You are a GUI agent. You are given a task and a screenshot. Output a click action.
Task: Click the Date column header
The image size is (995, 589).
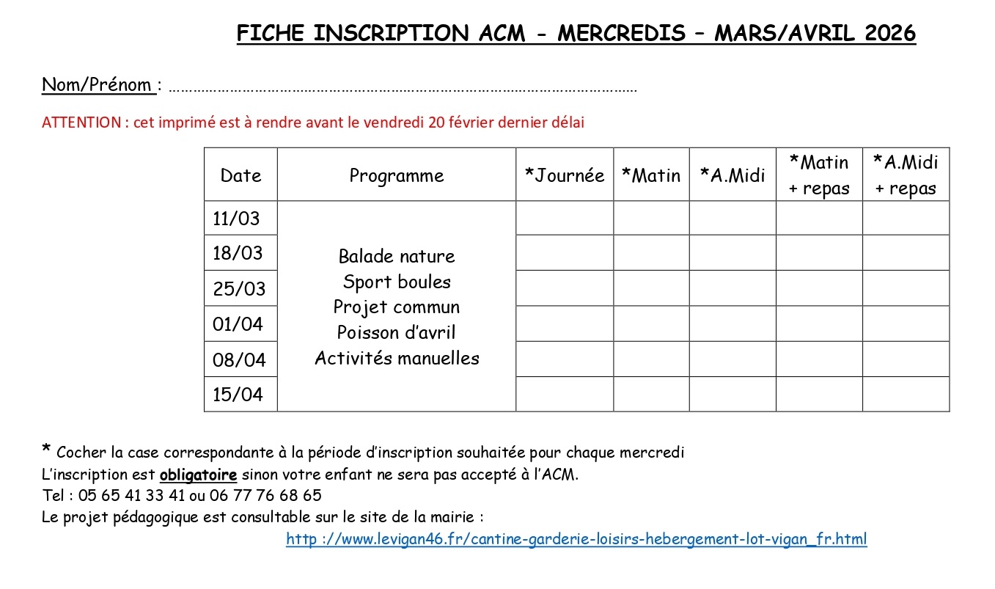point(241,175)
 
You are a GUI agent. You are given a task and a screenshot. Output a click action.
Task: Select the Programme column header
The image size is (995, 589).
point(397,175)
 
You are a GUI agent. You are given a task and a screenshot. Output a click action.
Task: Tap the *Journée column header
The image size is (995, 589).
point(565,175)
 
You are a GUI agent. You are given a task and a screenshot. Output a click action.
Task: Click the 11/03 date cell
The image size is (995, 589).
point(236,219)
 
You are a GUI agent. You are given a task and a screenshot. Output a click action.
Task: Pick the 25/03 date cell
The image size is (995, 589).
point(239,288)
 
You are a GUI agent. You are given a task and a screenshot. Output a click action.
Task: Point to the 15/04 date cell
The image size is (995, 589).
point(238,395)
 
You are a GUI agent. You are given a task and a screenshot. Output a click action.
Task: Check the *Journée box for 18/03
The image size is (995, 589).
point(565,253)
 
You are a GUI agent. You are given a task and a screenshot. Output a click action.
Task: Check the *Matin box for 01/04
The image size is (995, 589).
point(651,323)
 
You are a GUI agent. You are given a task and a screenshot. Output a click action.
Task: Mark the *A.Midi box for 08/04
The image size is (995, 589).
point(733,359)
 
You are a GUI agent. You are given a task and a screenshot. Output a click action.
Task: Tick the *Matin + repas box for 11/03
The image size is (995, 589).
point(819,218)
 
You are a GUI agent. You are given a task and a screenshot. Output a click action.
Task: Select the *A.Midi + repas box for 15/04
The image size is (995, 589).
point(906,395)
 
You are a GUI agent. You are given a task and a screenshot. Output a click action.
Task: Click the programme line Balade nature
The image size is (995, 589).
point(397,256)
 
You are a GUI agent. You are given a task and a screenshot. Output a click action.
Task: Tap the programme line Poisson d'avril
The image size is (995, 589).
point(397,332)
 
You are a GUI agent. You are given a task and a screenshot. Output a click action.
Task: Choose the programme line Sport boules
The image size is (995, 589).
point(397,282)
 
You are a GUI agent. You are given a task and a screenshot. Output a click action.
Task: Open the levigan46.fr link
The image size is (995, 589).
point(576,540)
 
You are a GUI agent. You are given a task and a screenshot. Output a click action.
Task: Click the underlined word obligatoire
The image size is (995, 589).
point(198,474)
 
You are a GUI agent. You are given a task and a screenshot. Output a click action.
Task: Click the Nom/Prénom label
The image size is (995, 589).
point(97,85)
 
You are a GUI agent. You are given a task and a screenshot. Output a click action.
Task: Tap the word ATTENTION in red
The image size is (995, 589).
point(81,122)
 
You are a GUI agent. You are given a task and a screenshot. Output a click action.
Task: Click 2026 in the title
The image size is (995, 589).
point(889,33)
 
